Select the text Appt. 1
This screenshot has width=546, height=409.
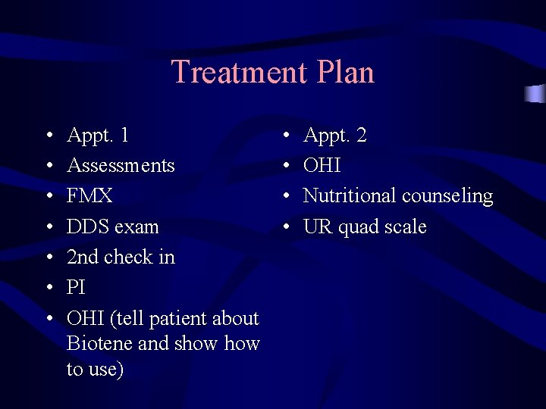click(x=98, y=136)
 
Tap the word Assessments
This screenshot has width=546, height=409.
click(x=121, y=166)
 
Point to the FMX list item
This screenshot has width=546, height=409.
click(x=89, y=196)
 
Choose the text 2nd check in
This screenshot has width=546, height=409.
click(x=121, y=257)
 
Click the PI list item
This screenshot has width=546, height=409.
click(x=76, y=288)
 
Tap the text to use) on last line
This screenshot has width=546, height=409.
click(x=96, y=369)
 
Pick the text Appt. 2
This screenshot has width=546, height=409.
click(x=335, y=136)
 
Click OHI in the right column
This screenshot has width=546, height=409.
click(x=322, y=166)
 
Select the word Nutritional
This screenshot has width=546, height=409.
click(x=350, y=196)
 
